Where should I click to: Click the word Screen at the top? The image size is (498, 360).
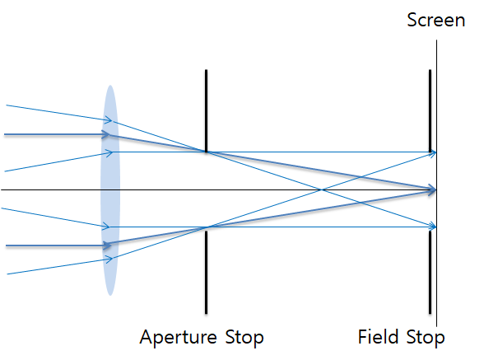[435, 20]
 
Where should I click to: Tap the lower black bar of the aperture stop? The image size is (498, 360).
[206, 272]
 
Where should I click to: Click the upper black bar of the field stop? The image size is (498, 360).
[430, 107]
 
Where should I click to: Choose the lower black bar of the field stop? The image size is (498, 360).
[430, 272]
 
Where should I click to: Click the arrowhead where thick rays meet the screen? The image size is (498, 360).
[432, 190]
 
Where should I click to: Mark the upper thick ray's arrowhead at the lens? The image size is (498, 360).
[105, 133]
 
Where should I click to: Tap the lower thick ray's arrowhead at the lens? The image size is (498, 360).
[105, 245]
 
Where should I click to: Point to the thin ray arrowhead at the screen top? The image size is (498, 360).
[432, 152]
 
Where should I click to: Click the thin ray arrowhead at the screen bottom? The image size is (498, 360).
[432, 227]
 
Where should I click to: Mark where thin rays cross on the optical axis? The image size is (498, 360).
[321, 190]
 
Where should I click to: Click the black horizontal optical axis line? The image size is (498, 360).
[49, 190]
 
